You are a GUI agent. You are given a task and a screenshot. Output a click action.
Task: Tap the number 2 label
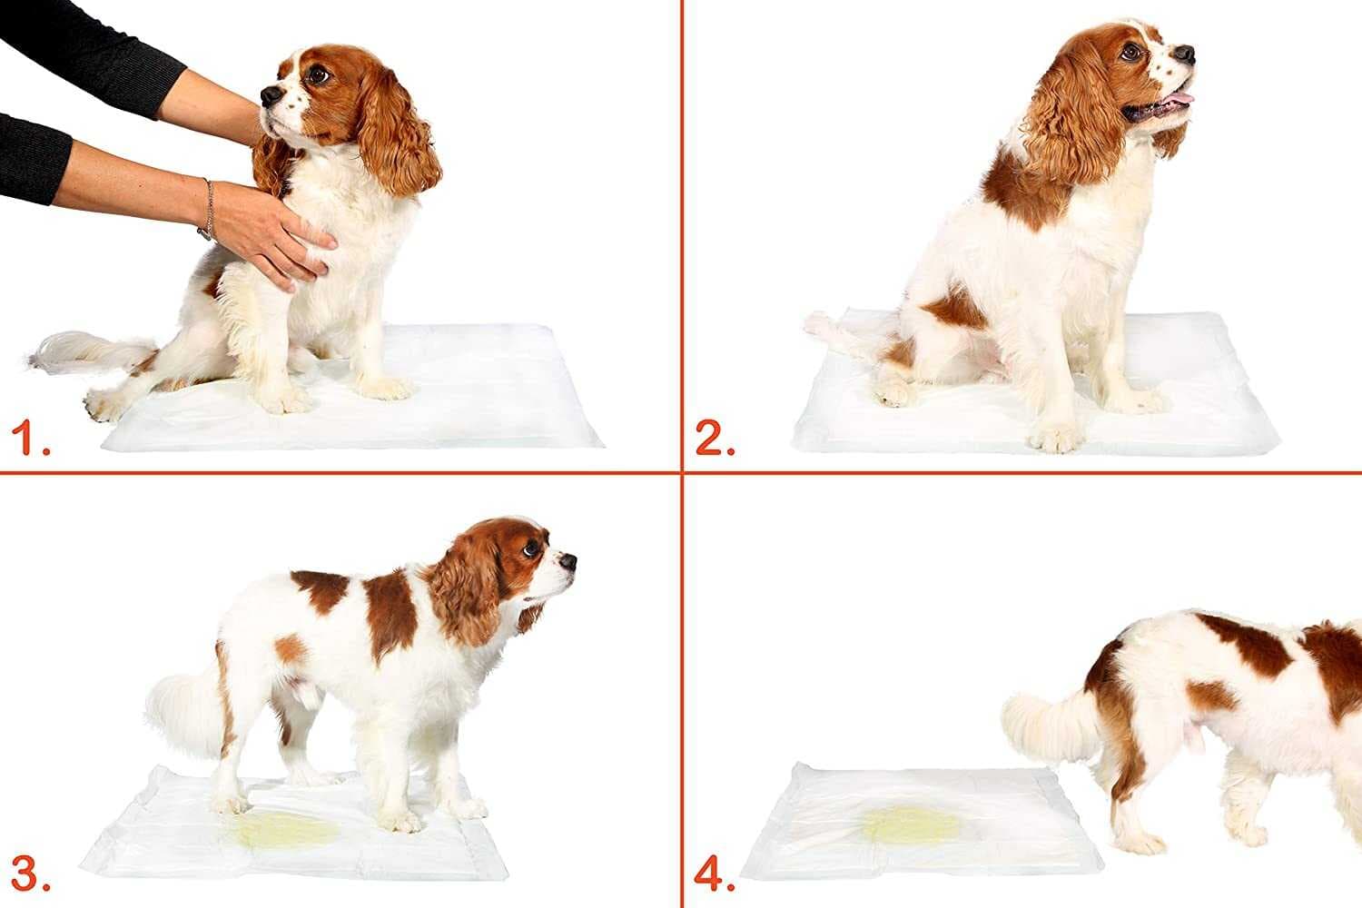tap(715, 440)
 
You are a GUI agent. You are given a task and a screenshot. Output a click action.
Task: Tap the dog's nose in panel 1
tap(269, 94)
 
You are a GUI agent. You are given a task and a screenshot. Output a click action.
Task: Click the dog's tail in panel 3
tap(182, 708)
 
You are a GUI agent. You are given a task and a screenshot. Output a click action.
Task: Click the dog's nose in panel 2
tap(1186, 54)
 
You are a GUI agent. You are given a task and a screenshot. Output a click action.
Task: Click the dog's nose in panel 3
tap(568, 562)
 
